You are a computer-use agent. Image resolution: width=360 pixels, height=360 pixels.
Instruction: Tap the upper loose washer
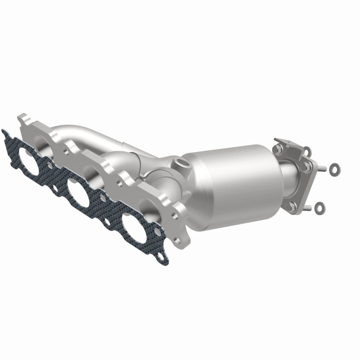click(334, 169)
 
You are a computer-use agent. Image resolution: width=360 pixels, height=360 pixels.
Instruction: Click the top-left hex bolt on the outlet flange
click(279, 147)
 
